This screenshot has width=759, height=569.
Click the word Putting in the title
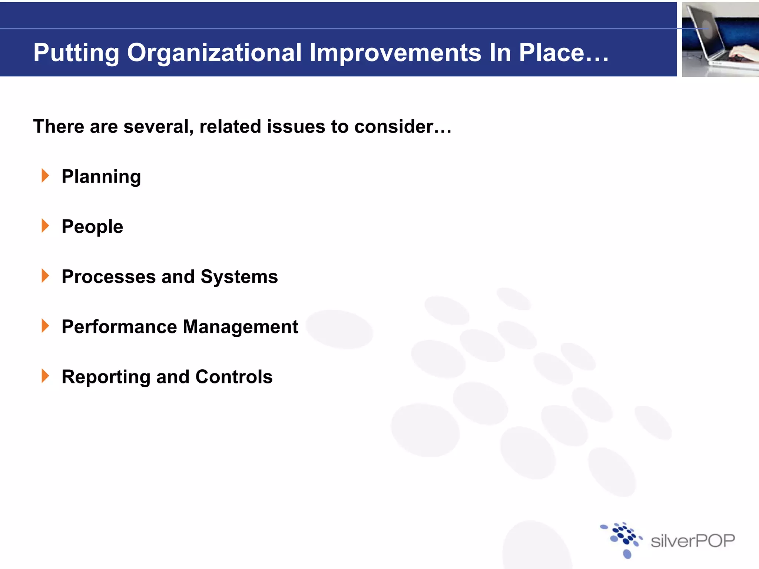76,53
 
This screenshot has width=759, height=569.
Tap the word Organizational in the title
214,53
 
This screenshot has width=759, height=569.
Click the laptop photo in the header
720,39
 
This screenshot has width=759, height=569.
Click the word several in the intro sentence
158,127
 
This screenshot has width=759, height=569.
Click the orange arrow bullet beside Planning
45,176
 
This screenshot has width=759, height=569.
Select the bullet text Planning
101,177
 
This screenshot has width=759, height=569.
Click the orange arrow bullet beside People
45,226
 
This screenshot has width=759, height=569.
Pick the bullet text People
92,227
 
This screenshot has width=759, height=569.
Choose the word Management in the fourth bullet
241,327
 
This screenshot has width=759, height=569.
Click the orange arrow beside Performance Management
45,326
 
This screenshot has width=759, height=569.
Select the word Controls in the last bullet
234,377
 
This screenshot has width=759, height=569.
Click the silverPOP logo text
693,541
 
